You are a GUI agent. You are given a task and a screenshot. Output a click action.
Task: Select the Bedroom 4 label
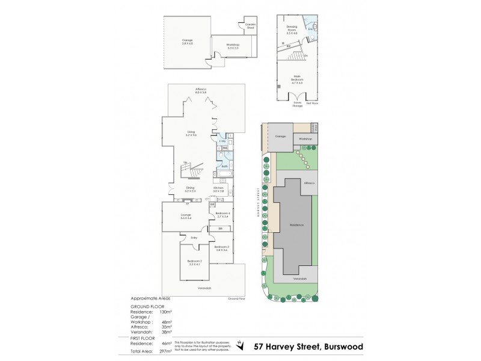pos(222,215)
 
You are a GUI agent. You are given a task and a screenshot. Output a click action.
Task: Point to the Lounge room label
pos(185,216)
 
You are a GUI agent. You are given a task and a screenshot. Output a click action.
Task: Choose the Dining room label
pos(190,190)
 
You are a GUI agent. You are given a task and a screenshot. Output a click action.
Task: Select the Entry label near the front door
pos(194,238)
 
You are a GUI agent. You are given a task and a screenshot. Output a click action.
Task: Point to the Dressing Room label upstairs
pos(292,28)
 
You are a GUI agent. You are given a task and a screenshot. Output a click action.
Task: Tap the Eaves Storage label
pos(296,104)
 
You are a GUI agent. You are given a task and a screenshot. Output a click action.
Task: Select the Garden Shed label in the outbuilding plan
pos(250,26)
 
